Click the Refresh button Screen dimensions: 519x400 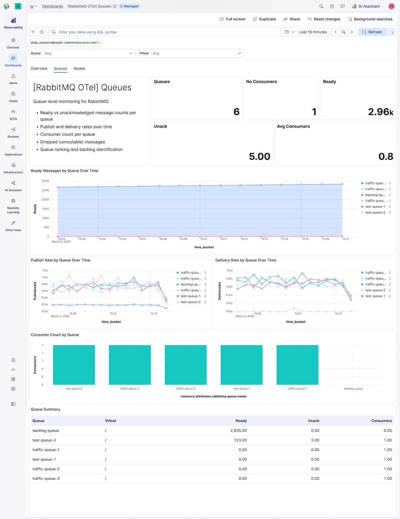pyautogui.click(x=372, y=32)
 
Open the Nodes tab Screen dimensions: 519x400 pyautogui.click(x=79, y=68)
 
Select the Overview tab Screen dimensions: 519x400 pyautogui.click(x=39, y=68)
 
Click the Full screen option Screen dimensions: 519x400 pyautogui.click(x=232, y=19)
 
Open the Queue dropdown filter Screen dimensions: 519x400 pyautogui.click(x=82, y=53)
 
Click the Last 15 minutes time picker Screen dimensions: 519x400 pyautogui.click(x=313, y=32)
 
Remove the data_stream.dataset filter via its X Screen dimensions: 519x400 pyautogui.click(x=99, y=43)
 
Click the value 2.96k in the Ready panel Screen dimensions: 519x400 pyautogui.click(x=380, y=112)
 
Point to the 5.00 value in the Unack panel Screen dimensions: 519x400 pyautogui.click(x=259, y=157)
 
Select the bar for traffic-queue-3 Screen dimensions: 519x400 pyautogui.click(x=130, y=365)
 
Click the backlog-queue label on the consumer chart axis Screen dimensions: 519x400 pyautogui.click(x=353, y=389)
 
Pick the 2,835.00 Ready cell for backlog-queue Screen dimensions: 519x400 pyautogui.click(x=238, y=431)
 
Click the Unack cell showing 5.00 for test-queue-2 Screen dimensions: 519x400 pyautogui.click(x=315, y=440)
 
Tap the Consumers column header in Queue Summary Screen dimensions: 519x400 pyautogui.click(x=381, y=421)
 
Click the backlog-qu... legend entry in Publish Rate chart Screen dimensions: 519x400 pyautogui.click(x=190, y=284)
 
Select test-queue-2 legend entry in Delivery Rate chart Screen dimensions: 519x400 pyautogui.click(x=375, y=290)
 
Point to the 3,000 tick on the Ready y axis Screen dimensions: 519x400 pyautogui.click(x=45, y=181)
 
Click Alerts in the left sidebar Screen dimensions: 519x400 pyautogui.click(x=13, y=79)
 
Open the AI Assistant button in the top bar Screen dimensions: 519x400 pyautogui.click(x=366, y=6)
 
